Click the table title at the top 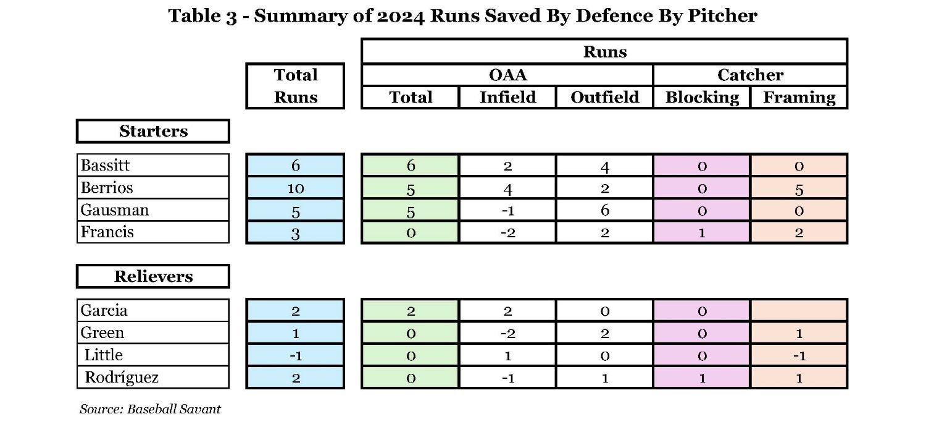coord(462,16)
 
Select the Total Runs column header coord(295,86)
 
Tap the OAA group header coord(507,75)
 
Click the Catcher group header coord(750,75)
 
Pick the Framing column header coord(799,97)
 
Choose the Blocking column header coord(702,97)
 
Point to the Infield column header coord(507,97)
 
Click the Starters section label coord(153,131)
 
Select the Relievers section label coord(153,276)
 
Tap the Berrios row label coord(152,187)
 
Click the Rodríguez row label coord(152,377)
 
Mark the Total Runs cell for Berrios coord(295,188)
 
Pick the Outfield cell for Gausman coord(604,210)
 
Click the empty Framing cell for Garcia coord(799,310)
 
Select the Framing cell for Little coord(799,355)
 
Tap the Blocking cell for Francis coord(702,233)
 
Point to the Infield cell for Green coord(507,333)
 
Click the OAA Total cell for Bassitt coord(411,166)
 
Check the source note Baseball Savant coord(150,409)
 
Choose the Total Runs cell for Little coord(295,355)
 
